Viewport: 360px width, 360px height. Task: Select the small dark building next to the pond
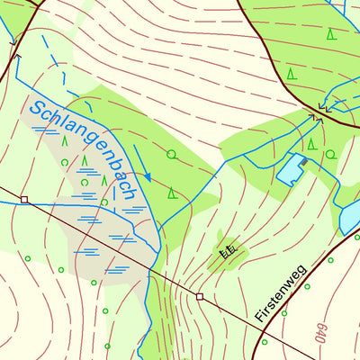[x=305, y=161]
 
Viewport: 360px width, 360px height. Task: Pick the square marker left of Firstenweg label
[x=200, y=296]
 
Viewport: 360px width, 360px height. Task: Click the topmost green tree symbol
[x=331, y=34]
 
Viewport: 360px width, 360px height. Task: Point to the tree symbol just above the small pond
[x=311, y=143]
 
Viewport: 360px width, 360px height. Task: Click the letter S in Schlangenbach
[x=38, y=111]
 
